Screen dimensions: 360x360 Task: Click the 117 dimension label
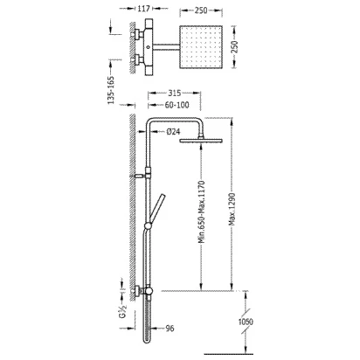pyautogui.click(x=143, y=9)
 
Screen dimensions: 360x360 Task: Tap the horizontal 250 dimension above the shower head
pyautogui.click(x=201, y=10)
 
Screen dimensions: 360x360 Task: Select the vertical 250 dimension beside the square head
pyautogui.click(x=234, y=47)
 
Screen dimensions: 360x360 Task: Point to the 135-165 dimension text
pyautogui.click(x=111, y=90)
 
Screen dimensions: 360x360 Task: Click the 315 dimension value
pyautogui.click(x=175, y=93)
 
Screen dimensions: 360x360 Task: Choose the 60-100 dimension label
pyautogui.click(x=177, y=105)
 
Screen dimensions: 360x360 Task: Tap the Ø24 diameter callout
pyautogui.click(x=173, y=132)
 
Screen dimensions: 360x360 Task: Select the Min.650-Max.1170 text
pyautogui.click(x=202, y=211)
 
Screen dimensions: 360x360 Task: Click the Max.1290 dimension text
pyautogui.click(x=232, y=209)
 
